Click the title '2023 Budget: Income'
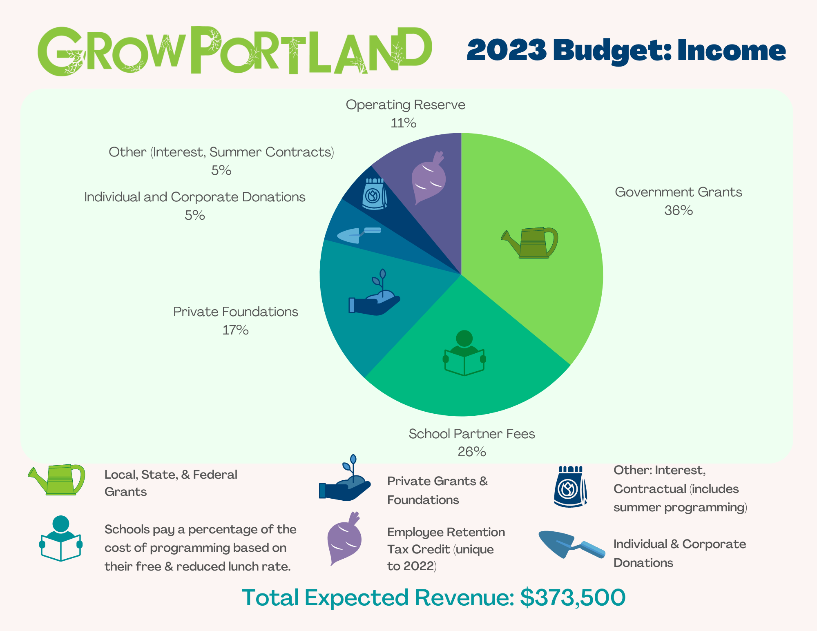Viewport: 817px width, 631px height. [x=626, y=50]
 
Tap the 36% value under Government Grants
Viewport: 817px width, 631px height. [x=679, y=210]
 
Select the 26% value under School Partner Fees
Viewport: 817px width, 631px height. [x=472, y=452]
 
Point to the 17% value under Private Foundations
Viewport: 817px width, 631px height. [x=235, y=330]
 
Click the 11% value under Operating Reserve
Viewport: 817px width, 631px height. [x=404, y=123]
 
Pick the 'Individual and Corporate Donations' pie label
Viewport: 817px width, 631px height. [x=195, y=197]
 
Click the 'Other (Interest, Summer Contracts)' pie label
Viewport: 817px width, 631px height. [x=221, y=152]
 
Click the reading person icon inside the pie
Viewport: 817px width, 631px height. [x=464, y=353]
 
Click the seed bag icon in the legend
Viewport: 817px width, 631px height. [x=571, y=486]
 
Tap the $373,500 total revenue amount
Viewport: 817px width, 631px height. [x=573, y=598]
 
